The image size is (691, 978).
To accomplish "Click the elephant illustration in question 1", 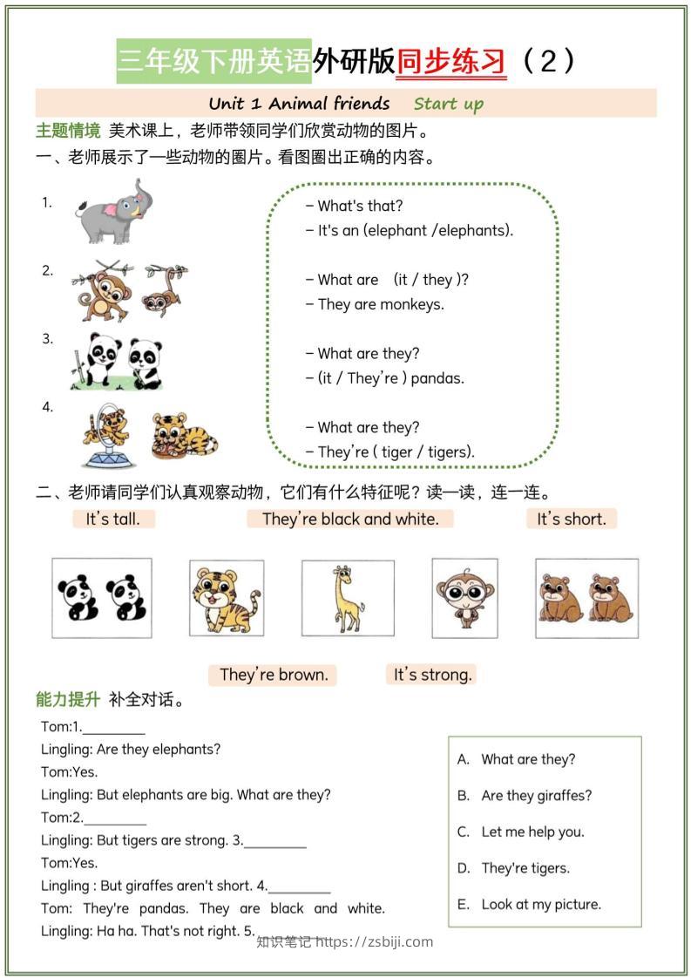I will click(109, 211).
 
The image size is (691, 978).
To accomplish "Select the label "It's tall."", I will click(112, 519).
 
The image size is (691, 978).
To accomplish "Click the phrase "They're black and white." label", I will click(350, 519).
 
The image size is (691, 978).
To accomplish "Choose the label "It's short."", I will click(571, 519).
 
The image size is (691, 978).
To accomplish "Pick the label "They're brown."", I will click(274, 674).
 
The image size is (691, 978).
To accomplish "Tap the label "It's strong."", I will click(432, 674).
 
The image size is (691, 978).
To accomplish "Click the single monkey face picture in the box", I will click(464, 597).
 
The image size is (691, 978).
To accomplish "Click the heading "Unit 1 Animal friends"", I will click(299, 104).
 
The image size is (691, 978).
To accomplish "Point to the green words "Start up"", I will click(448, 105).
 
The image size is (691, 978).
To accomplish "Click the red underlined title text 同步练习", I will click(451, 61).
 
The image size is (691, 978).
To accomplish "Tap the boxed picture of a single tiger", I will click(226, 597).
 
